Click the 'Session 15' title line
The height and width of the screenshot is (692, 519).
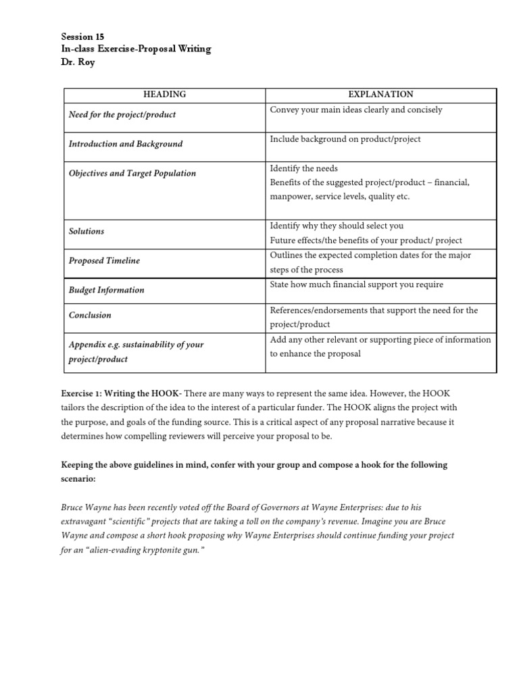coord(82,36)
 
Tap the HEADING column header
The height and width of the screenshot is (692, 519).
coord(165,95)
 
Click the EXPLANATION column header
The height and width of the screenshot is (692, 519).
coord(380,95)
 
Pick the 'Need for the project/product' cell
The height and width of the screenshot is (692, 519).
coord(122,114)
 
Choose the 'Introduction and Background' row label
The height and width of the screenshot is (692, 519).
coord(126,144)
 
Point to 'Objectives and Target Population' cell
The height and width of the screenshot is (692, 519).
coord(132,173)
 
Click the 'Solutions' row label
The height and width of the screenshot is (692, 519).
coord(86,231)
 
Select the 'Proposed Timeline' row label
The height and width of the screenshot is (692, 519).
coord(104,260)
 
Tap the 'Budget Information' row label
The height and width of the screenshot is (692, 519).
coord(107,290)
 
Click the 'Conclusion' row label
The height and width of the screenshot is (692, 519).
coord(90,315)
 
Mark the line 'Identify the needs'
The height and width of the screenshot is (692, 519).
coord(303,168)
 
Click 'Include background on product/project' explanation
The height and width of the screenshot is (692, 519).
coord(345,139)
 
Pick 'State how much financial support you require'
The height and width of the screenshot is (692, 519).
coord(356,285)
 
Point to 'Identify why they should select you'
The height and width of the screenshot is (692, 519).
coord(336,226)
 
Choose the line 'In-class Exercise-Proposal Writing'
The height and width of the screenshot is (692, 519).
coord(136,49)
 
